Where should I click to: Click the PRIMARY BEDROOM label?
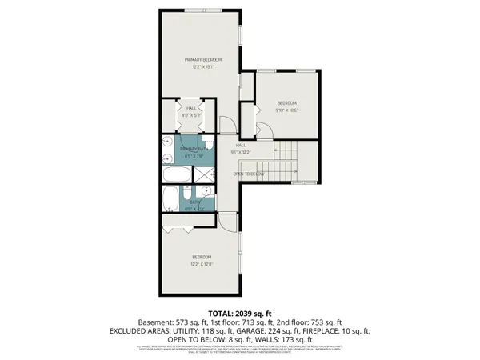(202, 60)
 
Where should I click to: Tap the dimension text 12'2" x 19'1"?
(202, 67)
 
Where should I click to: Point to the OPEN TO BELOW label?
(249, 174)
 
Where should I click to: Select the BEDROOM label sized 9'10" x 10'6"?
(287, 103)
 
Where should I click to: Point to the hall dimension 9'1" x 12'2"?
(241, 151)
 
